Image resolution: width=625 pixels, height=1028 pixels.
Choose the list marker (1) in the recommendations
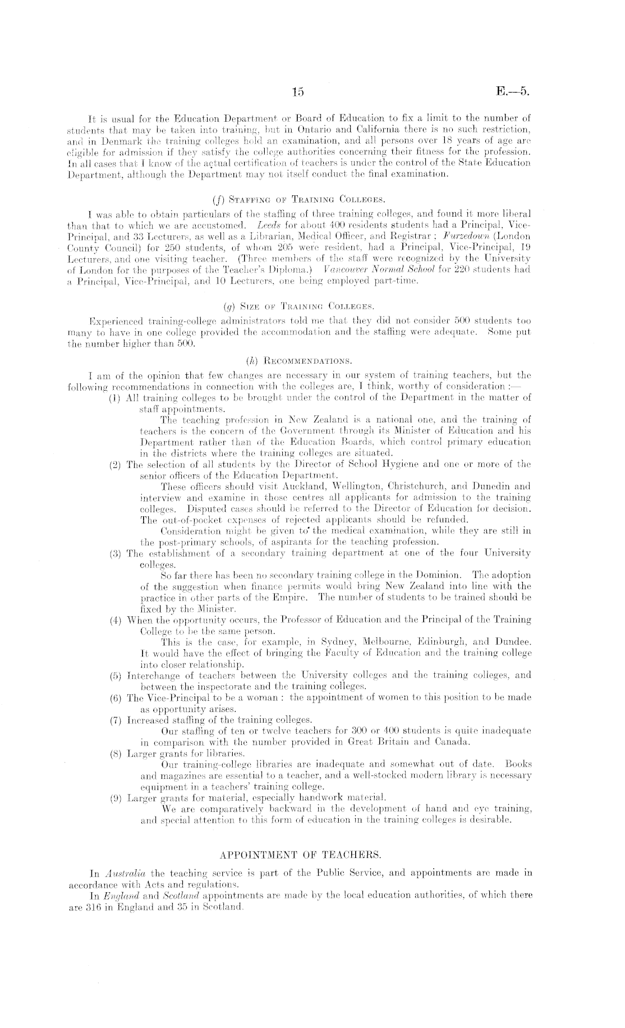[x=115, y=398]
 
